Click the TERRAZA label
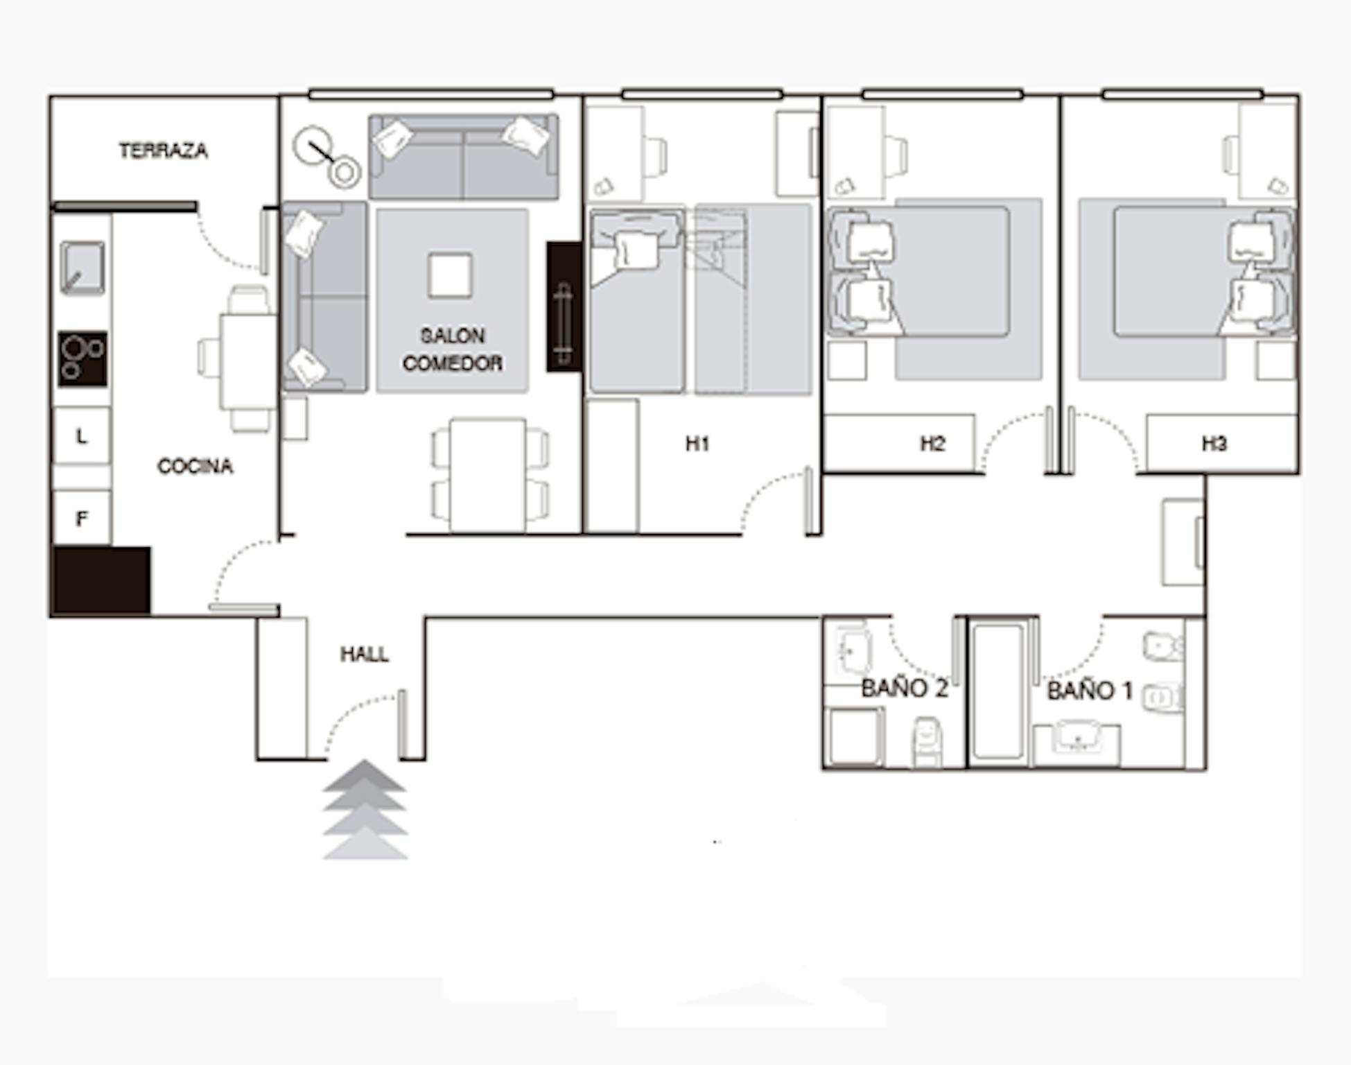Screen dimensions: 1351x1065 (x=163, y=150)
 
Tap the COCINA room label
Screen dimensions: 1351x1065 (x=195, y=466)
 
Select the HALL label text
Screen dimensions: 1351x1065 (x=365, y=654)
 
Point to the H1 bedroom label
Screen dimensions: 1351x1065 (x=697, y=443)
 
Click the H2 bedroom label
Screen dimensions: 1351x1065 (x=932, y=443)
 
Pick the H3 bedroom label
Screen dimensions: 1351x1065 (x=1214, y=443)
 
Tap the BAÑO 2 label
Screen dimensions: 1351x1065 (x=904, y=688)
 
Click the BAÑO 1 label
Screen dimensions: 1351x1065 (x=1090, y=690)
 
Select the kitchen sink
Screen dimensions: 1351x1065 (x=82, y=268)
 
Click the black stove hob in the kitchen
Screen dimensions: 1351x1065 (x=82, y=359)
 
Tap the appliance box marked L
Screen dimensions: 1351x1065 (x=82, y=435)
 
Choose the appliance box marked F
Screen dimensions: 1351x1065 (x=82, y=517)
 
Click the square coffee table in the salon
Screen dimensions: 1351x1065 (x=450, y=276)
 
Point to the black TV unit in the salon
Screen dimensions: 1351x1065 (x=564, y=306)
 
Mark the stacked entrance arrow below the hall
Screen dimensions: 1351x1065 (x=365, y=810)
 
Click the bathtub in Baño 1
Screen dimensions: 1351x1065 (x=998, y=691)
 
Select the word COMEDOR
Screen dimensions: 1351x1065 (x=453, y=363)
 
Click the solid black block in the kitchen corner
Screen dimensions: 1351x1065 (x=101, y=580)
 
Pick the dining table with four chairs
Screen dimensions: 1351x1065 (x=488, y=475)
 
